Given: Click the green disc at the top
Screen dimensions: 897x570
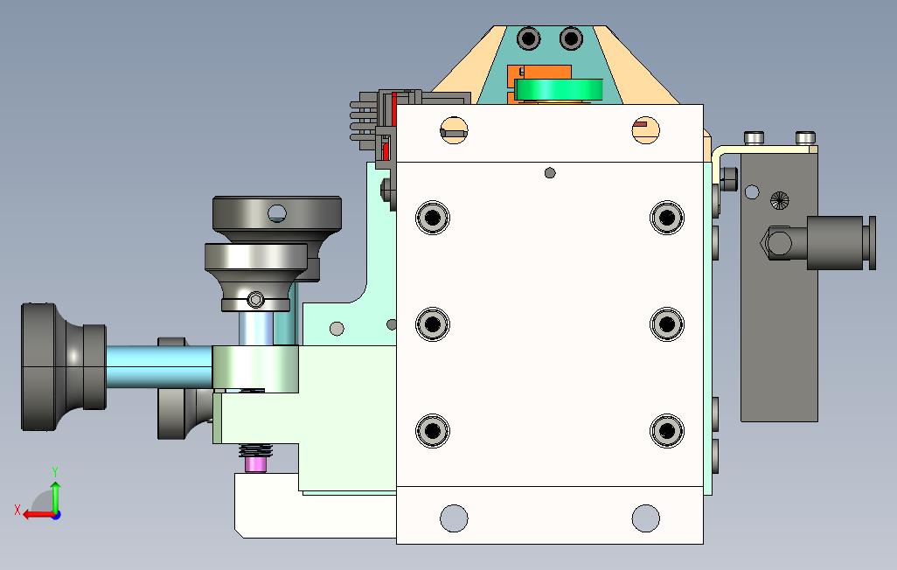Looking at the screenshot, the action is (x=559, y=90).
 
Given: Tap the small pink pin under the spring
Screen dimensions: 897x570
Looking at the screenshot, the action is (x=255, y=463).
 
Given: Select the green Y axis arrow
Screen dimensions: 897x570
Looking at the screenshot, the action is (x=55, y=496).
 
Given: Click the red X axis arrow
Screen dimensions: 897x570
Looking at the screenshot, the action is (x=38, y=515).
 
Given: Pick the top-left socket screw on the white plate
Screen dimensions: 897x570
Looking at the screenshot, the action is (x=433, y=218).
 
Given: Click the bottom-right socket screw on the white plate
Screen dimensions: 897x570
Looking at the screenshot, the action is (x=666, y=430).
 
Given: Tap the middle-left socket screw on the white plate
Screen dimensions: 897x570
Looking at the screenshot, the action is (x=433, y=324).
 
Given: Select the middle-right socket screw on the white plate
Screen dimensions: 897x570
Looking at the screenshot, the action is (x=666, y=324).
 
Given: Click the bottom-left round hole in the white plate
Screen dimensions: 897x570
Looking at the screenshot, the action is (x=454, y=518).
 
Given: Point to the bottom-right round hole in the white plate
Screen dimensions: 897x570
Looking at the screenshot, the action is (x=645, y=518).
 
